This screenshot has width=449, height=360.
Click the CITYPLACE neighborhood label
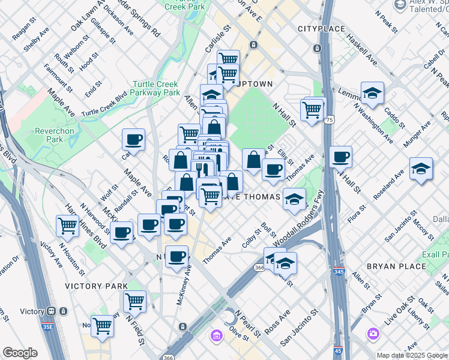tap(321, 29)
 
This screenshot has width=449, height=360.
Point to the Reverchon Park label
tap(37, 135)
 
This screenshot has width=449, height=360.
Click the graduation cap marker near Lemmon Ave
tap(372, 94)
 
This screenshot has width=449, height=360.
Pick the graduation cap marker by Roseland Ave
tap(421, 169)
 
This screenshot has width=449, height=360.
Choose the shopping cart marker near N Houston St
tap(67, 226)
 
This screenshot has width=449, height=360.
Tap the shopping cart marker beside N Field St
tap(134, 301)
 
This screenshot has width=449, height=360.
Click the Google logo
tap(20, 353)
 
